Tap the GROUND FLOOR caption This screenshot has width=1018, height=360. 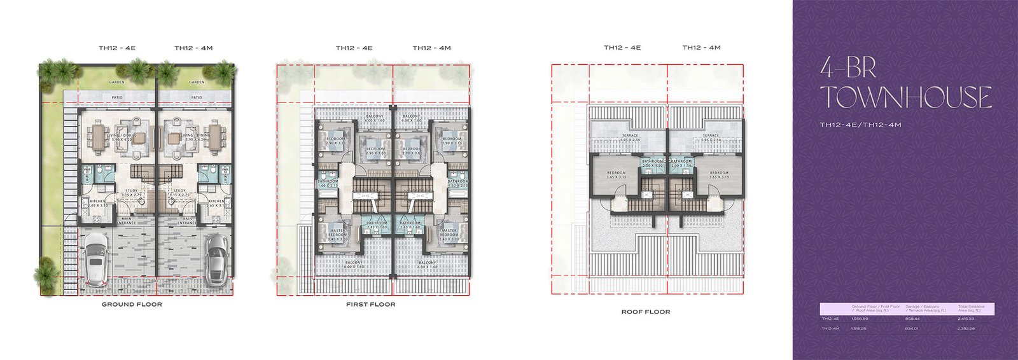[132, 305]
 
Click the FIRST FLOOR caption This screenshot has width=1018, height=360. [370, 305]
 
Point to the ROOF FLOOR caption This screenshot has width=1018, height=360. [645, 312]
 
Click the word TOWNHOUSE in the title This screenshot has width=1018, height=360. [905, 97]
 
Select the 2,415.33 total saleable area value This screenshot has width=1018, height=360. [966, 319]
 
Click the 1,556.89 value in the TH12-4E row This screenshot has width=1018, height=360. [860, 319]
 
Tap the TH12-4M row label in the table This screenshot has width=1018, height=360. [830, 328]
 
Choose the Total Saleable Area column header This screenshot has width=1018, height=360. [971, 308]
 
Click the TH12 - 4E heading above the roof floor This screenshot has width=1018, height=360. [622, 48]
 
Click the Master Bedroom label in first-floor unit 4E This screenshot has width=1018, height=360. [338, 233]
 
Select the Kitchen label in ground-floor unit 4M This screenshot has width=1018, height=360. [216, 201]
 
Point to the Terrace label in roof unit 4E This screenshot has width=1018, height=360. [630, 135]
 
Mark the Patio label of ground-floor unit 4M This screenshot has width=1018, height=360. [197, 97]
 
